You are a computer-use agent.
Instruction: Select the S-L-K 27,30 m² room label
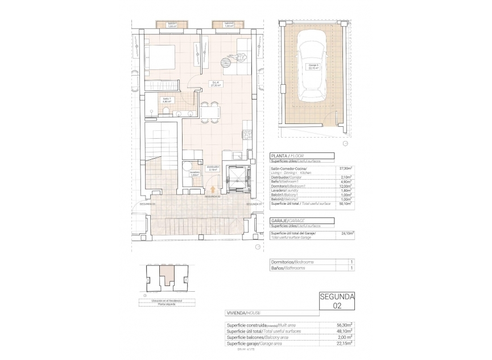(x=216, y=85)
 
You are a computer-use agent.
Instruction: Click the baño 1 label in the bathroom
(x=167, y=101)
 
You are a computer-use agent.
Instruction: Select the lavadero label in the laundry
(x=195, y=173)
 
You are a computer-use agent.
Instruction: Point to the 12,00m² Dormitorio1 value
(x=345, y=186)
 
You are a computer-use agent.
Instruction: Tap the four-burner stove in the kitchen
(x=247, y=135)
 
